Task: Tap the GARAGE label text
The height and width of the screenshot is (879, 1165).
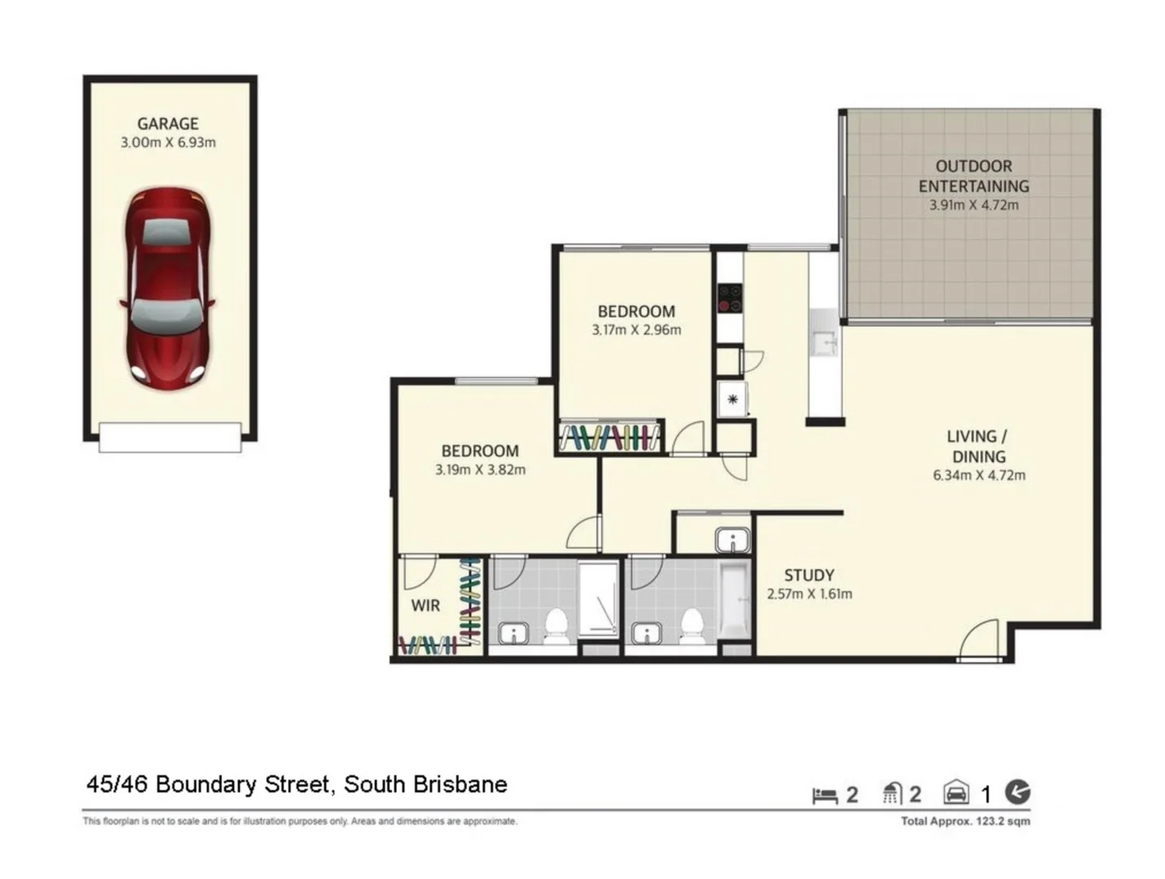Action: (168, 124)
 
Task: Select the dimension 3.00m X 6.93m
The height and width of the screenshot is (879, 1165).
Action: (168, 142)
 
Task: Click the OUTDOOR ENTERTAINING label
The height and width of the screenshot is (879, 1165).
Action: (974, 176)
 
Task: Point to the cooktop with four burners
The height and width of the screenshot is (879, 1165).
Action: (730, 298)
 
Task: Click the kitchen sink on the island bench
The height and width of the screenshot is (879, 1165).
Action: (823, 344)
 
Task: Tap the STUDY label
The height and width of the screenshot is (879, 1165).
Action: (809, 575)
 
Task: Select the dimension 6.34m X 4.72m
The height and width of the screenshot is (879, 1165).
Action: (979, 475)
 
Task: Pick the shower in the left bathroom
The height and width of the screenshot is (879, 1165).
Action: (598, 599)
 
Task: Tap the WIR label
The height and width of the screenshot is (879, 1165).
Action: (425, 606)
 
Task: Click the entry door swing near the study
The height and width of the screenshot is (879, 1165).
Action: (980, 641)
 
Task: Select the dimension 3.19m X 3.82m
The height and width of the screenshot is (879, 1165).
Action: (480, 470)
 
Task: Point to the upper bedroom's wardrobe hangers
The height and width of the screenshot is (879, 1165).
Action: (609, 436)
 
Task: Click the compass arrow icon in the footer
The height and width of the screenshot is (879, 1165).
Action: (1017, 792)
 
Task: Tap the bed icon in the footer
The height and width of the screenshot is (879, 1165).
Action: (825, 795)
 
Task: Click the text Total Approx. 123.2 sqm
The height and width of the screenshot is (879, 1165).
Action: (965, 821)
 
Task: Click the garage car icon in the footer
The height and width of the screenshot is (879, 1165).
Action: (956, 793)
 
